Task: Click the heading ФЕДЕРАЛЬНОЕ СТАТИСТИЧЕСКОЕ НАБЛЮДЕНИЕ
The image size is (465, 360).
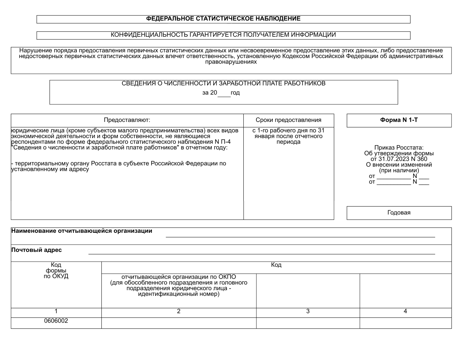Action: pyautogui.click(x=223, y=19)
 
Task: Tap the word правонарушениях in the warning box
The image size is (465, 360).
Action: pyautogui.click(x=231, y=62)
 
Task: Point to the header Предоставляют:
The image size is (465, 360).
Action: pyautogui.click(x=127, y=120)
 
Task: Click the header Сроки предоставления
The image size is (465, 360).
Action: pyautogui.click(x=288, y=120)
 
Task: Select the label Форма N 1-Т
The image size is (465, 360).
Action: pyautogui.click(x=399, y=120)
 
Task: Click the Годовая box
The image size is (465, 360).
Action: pyautogui.click(x=399, y=212)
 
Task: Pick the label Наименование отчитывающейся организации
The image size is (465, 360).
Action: pyautogui.click(x=82, y=231)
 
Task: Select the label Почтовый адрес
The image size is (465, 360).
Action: pyautogui.click(x=36, y=250)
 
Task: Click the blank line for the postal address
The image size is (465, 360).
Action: pyautogui.click(x=261, y=251)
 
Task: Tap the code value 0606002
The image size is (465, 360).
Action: pyautogui.click(x=56, y=321)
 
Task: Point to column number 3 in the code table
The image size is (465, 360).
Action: pyautogui.click(x=308, y=311)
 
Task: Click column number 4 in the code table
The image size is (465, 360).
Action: pyautogui.click(x=405, y=311)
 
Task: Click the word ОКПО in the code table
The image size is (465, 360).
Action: pyautogui.click(x=227, y=277)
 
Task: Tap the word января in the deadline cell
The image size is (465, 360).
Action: pyautogui.click(x=264, y=136)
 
